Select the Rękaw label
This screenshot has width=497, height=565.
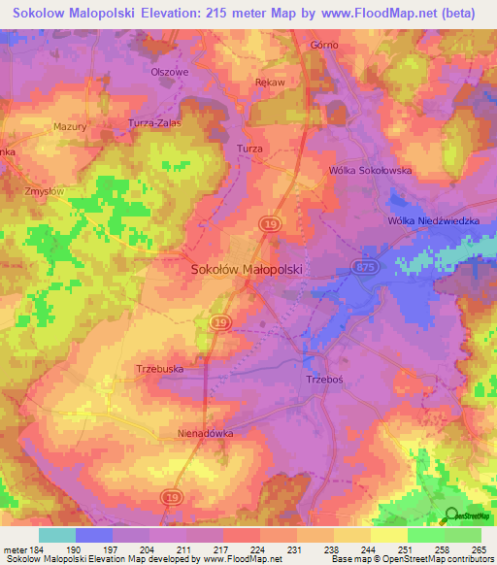pos(269,83)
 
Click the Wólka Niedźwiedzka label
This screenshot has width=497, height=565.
pos(433,221)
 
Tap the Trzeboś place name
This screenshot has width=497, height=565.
pos(324,380)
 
